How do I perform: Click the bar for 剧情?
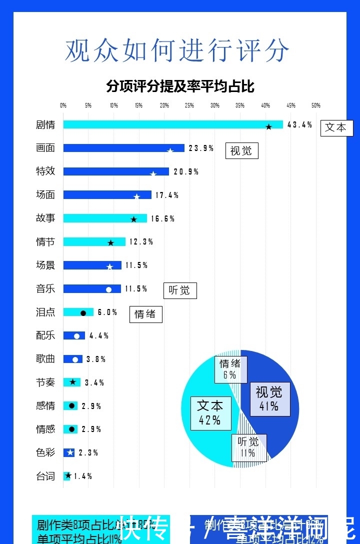pyautogui.click(x=172, y=124)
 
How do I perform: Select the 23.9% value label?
pyautogui.click(x=201, y=148)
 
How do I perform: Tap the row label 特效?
pyautogui.click(x=45, y=171)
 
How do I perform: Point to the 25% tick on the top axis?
pyautogui.click(x=189, y=105)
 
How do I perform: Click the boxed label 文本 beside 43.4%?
pyautogui.click(x=336, y=127)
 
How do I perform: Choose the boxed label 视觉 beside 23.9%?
pyautogui.click(x=241, y=150)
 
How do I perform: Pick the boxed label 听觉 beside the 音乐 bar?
pyautogui.click(x=180, y=290)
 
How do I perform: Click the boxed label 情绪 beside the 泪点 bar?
pyautogui.click(x=145, y=314)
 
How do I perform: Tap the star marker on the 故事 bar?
pyautogui.click(x=133, y=219)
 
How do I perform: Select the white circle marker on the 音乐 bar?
pyautogui.click(x=108, y=289)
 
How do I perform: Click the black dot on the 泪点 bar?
pyautogui.click(x=83, y=313)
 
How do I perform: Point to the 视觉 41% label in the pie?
pyautogui.click(x=269, y=398)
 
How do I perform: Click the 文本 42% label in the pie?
pyautogui.click(x=210, y=412)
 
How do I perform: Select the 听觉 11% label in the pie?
pyautogui.click(x=248, y=447)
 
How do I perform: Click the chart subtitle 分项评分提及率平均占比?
pyautogui.click(x=180, y=86)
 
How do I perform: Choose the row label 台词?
pyautogui.click(x=45, y=476)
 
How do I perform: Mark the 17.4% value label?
pyautogui.click(x=166, y=195)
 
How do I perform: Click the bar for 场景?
pyautogui.click(x=92, y=265)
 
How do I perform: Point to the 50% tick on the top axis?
pyautogui.click(x=316, y=105)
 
